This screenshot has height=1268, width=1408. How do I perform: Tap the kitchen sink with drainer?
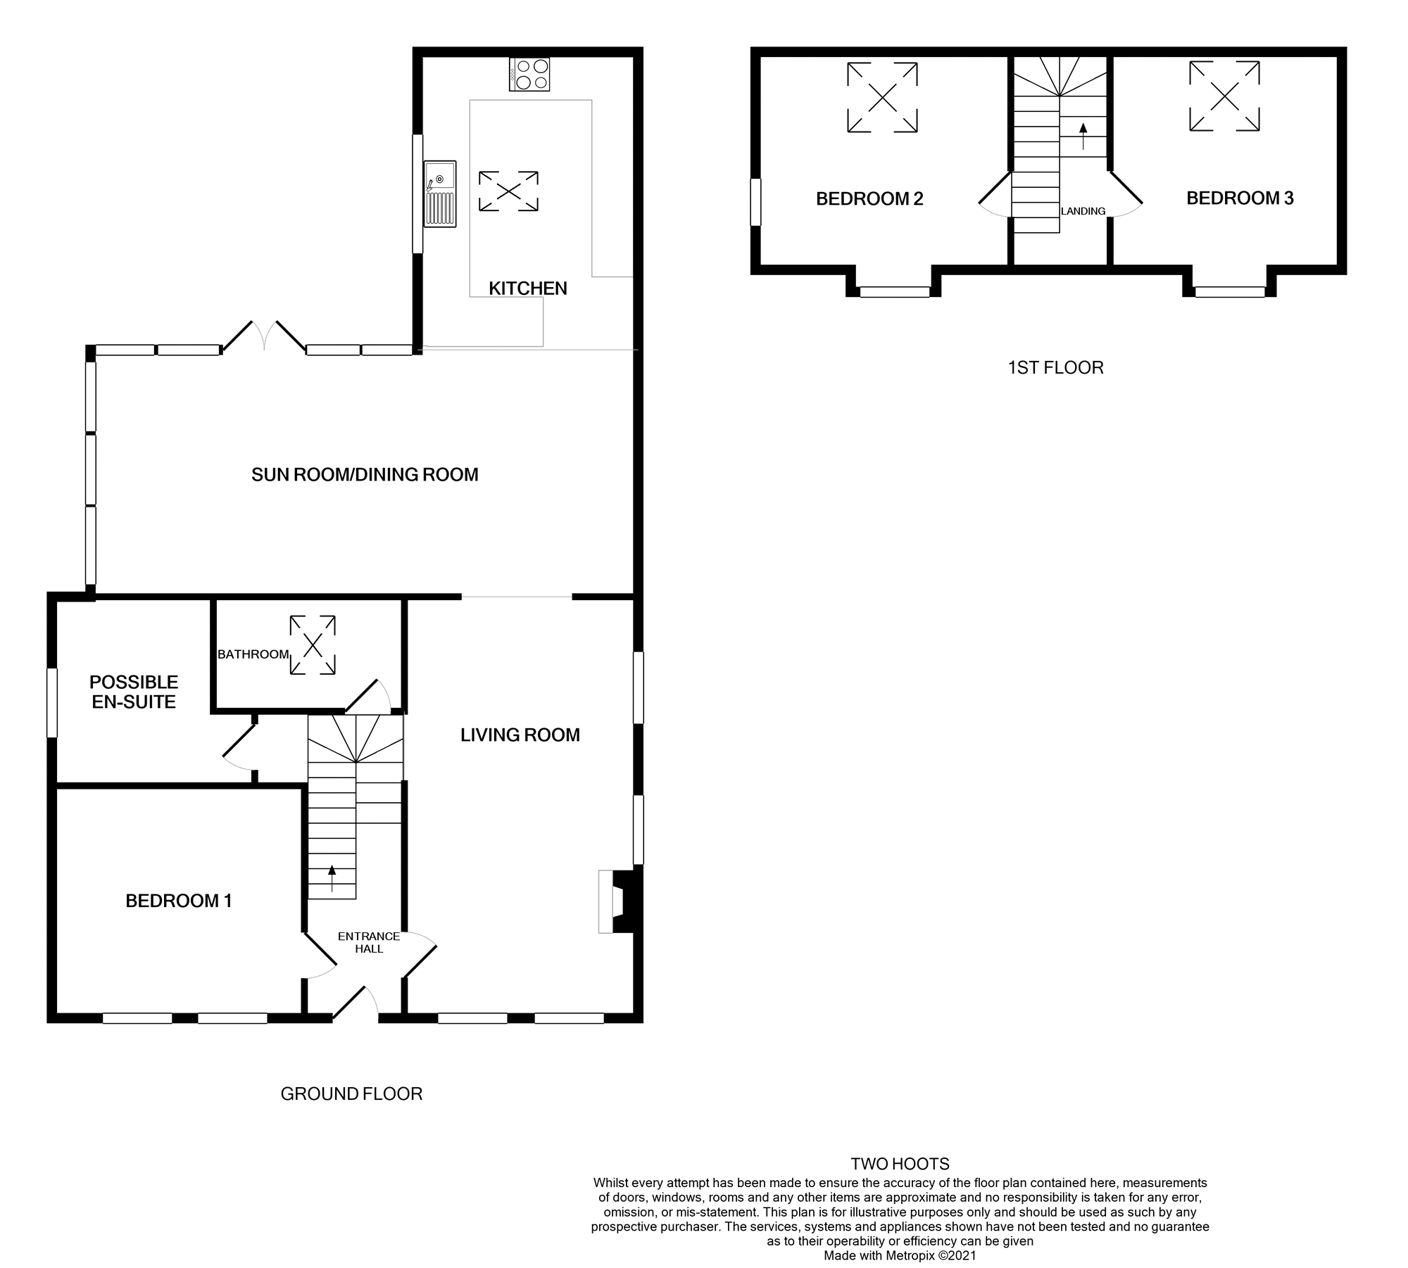point(440,194)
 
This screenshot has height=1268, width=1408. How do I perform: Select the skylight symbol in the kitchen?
point(508,191)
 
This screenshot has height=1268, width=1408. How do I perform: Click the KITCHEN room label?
point(528,289)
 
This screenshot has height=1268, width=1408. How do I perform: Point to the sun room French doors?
point(264,336)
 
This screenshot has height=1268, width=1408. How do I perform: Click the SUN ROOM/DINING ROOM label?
point(365,475)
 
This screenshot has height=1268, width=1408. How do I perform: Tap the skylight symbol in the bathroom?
point(313,645)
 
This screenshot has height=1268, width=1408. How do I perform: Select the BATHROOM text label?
point(253,654)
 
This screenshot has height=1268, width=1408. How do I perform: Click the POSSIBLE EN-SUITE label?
point(134,692)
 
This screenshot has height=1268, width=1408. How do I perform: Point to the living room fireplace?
point(617,901)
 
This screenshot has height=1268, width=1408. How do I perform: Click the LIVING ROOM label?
point(520,735)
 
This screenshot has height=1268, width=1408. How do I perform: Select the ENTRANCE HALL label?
point(369,942)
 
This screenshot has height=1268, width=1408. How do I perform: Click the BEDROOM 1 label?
point(179,901)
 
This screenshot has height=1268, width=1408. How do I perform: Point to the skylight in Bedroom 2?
point(882,97)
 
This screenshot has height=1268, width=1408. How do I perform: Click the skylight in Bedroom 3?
point(1224,96)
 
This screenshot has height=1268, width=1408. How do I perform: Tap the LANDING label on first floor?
point(1083,211)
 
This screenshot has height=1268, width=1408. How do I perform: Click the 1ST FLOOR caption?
point(1055,368)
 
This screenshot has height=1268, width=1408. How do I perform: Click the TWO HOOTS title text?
point(900,1164)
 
